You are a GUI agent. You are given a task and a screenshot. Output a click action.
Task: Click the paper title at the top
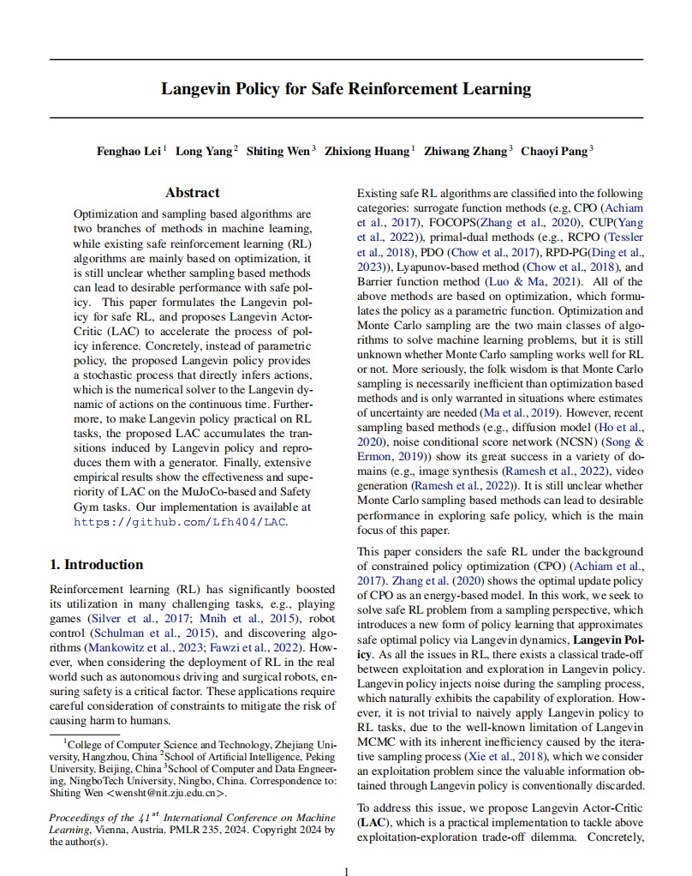pos(346,88)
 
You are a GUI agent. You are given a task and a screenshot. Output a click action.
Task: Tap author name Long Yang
pos(204,152)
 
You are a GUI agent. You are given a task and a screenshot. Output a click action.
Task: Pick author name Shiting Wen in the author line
pos(278,152)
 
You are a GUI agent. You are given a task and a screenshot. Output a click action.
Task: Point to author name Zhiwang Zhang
pos(466,152)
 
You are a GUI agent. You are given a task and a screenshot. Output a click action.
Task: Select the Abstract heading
pos(192,193)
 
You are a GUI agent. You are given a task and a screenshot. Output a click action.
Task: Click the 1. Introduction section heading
pos(97,564)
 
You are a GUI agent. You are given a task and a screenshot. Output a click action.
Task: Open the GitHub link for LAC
pos(181,521)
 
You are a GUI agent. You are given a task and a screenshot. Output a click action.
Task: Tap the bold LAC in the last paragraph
pos(372,820)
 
